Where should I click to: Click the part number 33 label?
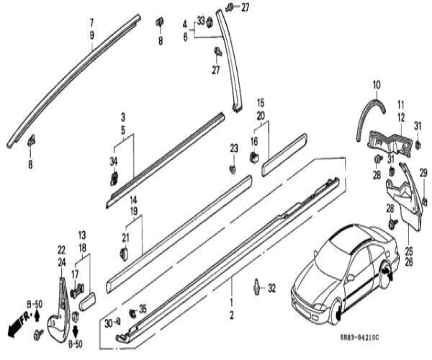[200, 19]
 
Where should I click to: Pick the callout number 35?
[143, 309]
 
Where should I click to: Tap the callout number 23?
[233, 148]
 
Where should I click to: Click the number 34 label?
[112, 160]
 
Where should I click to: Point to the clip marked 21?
[123, 253]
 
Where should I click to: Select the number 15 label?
[261, 103]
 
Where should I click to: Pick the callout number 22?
[61, 250]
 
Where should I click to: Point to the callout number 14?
[133, 199]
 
